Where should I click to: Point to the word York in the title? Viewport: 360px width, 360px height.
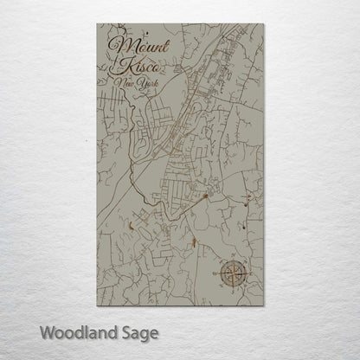click(137, 83)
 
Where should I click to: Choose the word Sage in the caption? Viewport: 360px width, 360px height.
click(141, 332)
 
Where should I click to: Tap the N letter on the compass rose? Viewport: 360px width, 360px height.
click(235, 259)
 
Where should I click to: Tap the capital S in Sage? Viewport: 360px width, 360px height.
click(125, 331)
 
